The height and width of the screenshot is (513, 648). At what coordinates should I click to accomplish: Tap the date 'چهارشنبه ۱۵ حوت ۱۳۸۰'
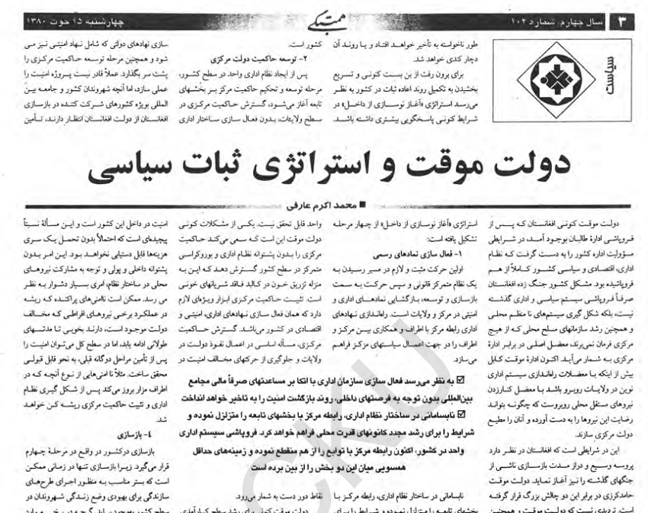pos(65,17)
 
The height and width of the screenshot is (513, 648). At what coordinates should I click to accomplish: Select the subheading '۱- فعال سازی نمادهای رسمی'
pos(435,250)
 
